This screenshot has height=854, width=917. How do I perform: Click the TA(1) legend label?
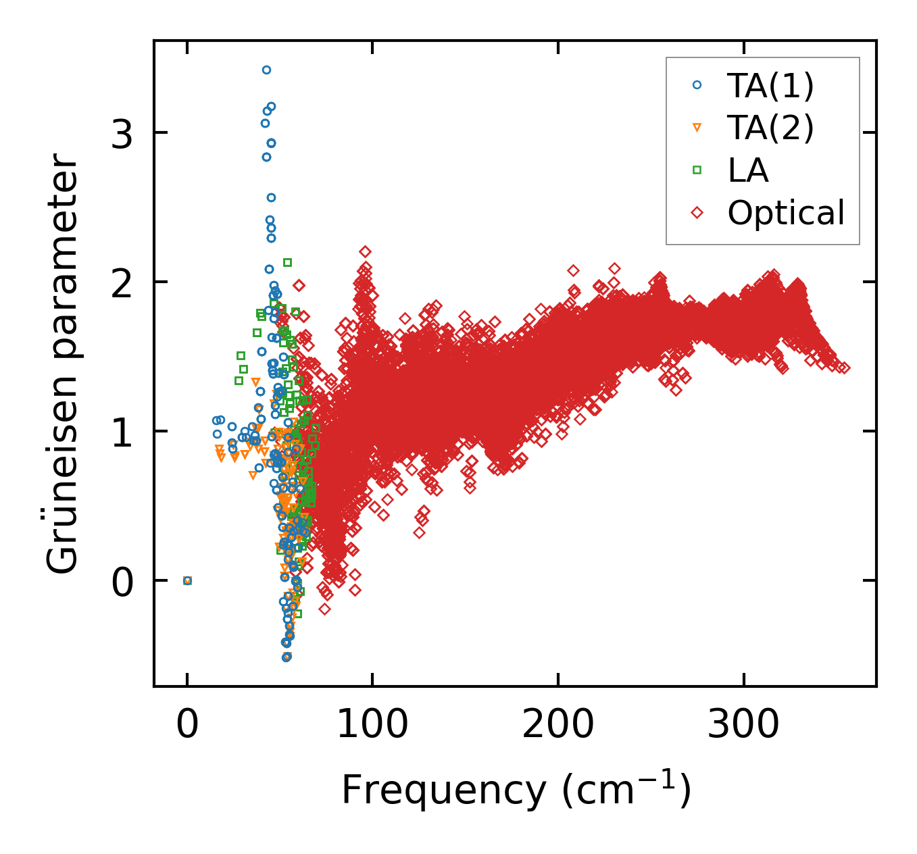770,86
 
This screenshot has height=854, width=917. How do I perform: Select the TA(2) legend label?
770,128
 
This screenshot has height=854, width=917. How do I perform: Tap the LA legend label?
747,170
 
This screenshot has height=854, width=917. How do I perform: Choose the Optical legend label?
786,213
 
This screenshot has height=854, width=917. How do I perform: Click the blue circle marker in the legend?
697,85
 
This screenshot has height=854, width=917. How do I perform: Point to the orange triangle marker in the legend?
697,128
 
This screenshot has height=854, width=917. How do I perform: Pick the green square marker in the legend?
697,170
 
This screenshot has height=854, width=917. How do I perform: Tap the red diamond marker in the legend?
697,213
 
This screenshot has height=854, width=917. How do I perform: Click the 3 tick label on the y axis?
122,133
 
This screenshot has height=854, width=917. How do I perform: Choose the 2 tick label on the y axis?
122,282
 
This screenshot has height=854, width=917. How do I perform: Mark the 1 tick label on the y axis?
122,432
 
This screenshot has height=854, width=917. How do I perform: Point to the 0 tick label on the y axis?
122,581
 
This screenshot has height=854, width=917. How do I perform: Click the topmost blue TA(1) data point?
266,70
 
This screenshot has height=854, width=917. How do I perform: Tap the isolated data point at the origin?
187,580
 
